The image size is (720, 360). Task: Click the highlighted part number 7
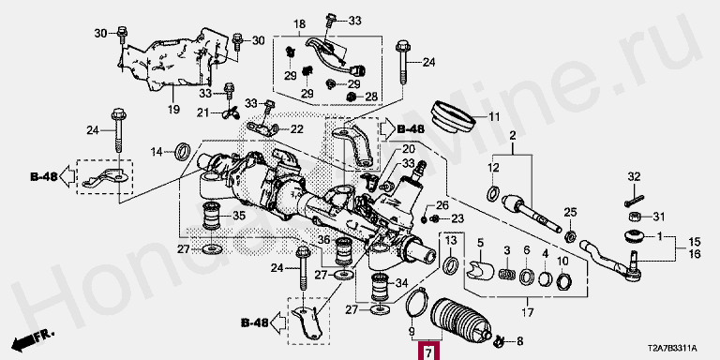(427, 352)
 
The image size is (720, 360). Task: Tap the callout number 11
(494, 116)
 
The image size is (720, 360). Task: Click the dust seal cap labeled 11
(452, 117)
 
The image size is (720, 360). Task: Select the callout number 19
(173, 110)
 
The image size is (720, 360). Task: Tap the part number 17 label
(528, 313)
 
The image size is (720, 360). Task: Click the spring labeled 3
(507, 273)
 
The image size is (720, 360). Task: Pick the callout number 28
(371, 97)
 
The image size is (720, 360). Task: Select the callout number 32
(634, 176)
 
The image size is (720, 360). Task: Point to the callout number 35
(239, 215)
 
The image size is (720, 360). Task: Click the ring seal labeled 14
(184, 152)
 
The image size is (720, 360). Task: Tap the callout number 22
(296, 130)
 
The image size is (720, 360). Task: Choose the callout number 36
(323, 240)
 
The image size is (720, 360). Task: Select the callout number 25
(570, 212)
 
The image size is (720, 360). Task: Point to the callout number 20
(409, 149)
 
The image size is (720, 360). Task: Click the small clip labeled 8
(500, 340)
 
